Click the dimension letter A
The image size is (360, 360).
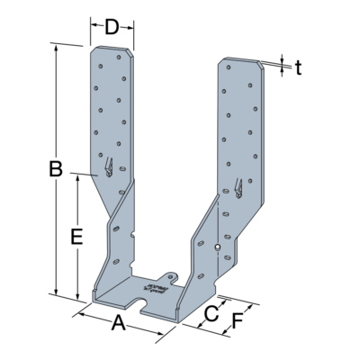(x=118, y=325)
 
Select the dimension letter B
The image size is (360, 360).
(x=55, y=168)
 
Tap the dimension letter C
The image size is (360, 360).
(x=210, y=313)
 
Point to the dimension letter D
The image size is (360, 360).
(x=112, y=26)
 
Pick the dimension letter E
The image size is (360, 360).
(x=77, y=238)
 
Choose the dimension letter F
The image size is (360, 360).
(x=238, y=320)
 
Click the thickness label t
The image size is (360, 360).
(x=299, y=67)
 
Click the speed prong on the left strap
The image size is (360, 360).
(x=109, y=168)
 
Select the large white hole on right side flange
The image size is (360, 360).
(x=218, y=247)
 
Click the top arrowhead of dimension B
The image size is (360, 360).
(x=59, y=47)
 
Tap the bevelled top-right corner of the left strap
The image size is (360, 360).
(x=131, y=57)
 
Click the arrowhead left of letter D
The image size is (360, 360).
(x=94, y=26)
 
